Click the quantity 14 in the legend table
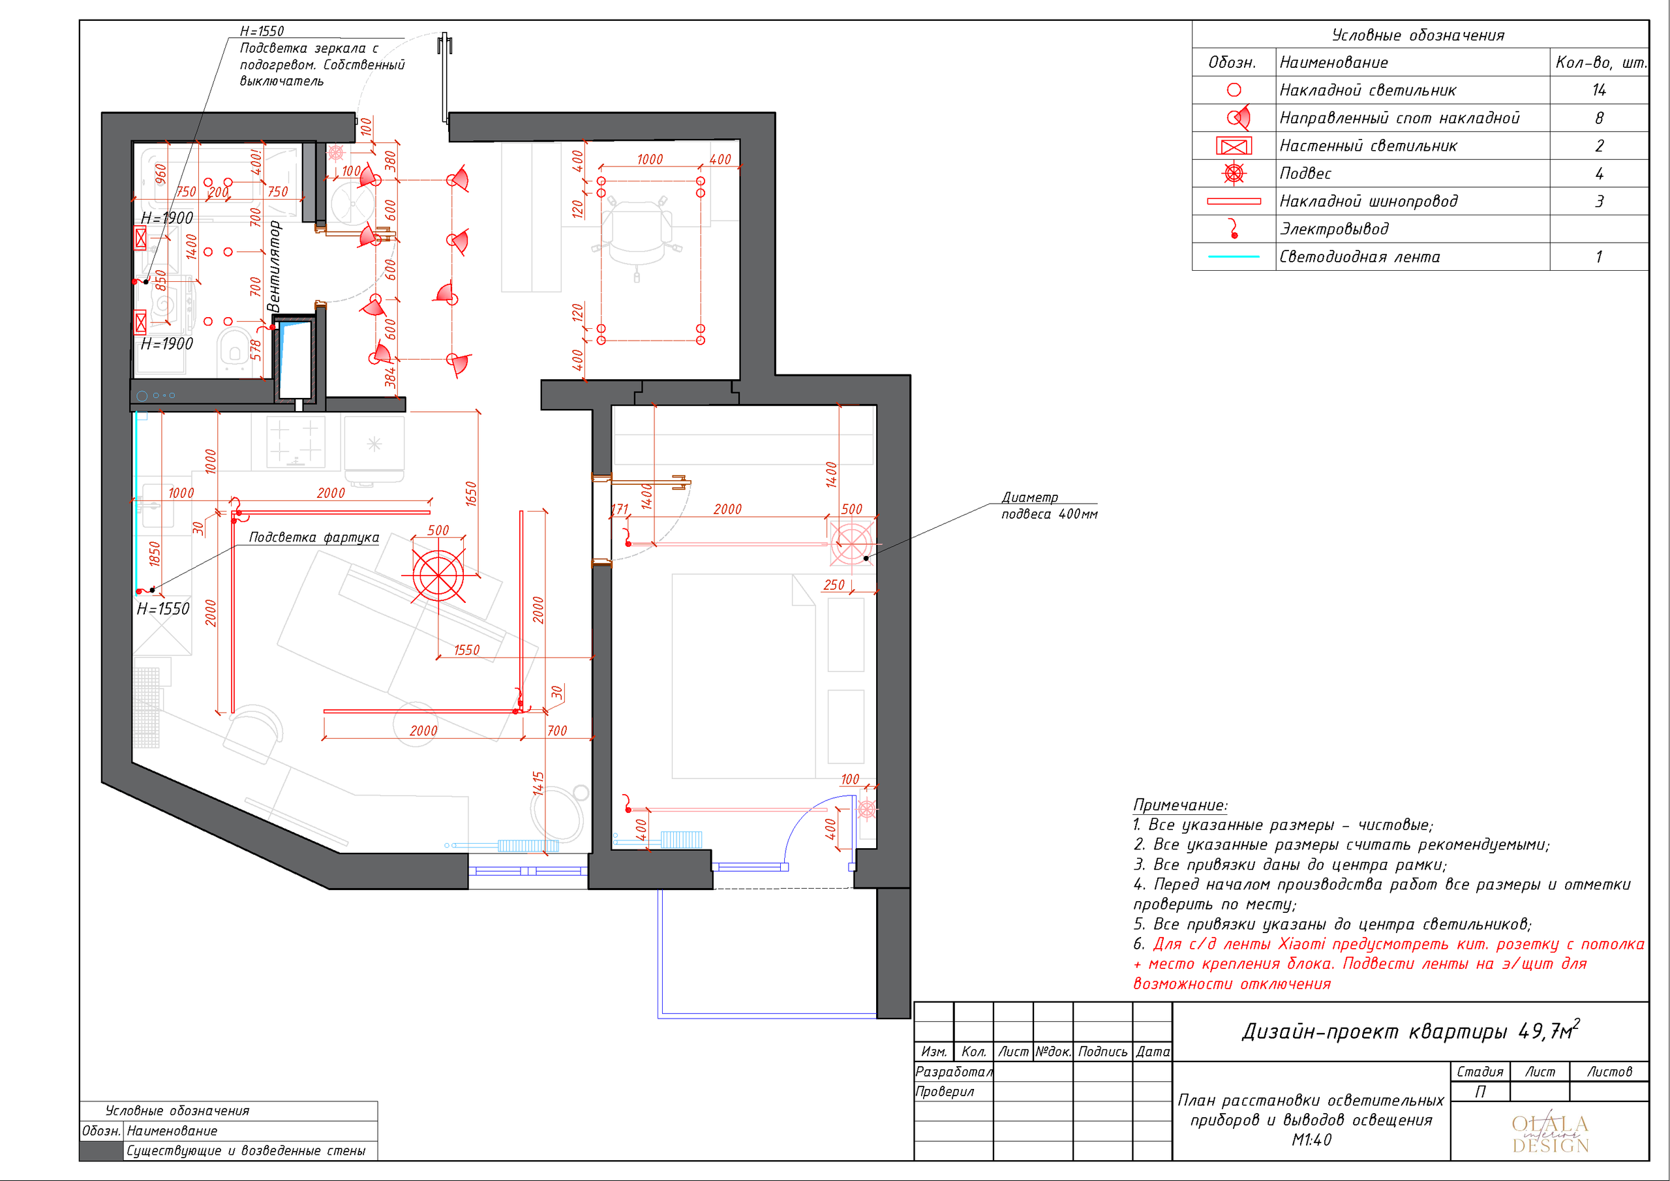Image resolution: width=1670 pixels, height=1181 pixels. pyautogui.click(x=1599, y=90)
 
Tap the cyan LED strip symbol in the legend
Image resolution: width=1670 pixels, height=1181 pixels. pyautogui.click(x=1234, y=257)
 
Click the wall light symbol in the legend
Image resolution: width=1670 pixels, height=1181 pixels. pyautogui.click(x=1234, y=146)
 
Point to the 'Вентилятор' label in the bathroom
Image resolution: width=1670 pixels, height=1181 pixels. pyautogui.click(x=273, y=266)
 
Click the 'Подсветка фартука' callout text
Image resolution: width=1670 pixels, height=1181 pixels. pyautogui.click(x=314, y=537)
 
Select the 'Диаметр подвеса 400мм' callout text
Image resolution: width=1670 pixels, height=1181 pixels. pyautogui.click(x=1050, y=506)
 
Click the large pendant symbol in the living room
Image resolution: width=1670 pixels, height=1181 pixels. pyautogui.click(x=438, y=575)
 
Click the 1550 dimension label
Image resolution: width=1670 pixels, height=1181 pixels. pyautogui.click(x=467, y=650)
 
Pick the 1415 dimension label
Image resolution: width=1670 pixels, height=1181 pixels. pyautogui.click(x=538, y=784)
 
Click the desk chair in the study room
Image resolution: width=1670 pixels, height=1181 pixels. pyautogui.click(x=637, y=234)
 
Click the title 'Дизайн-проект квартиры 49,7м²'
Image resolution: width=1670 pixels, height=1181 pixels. pyautogui.click(x=1411, y=1030)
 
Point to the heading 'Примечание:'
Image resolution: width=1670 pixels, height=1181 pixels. pyautogui.click(x=1181, y=805)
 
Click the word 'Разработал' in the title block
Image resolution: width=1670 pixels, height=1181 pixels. pyautogui.click(x=954, y=1071)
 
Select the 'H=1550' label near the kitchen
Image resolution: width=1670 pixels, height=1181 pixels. pyautogui.click(x=163, y=608)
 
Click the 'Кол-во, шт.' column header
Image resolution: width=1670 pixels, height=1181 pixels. pyautogui.click(x=1601, y=63)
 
